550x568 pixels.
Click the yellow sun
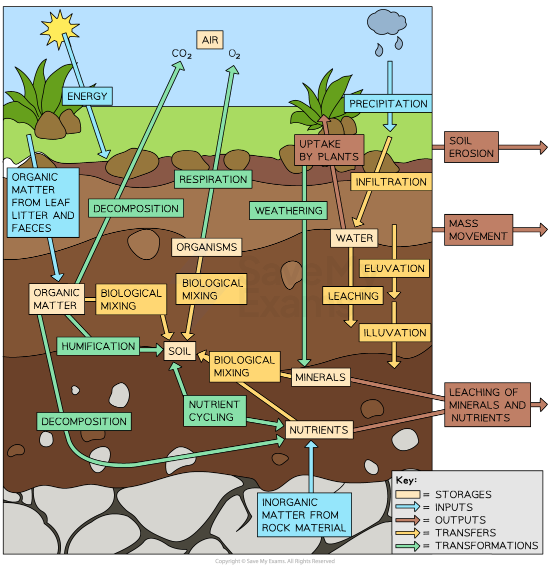click(59, 28)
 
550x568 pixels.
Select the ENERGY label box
click(87, 96)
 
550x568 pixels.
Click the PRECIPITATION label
click(388, 104)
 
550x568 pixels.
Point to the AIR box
click(210, 40)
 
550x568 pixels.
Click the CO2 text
click(181, 54)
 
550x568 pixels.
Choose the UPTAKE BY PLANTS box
click(328, 150)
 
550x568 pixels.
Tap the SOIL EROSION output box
click(471, 147)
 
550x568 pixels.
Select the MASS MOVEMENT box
click(478, 230)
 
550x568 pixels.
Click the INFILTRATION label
click(391, 182)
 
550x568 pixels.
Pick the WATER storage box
click(354, 238)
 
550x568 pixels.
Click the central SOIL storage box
click(179, 351)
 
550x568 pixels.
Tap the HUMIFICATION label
click(98, 346)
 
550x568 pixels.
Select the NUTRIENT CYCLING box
click(214, 411)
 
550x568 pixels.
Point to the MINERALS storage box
click(320, 377)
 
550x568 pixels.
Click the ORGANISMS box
click(206, 247)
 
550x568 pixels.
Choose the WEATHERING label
click(288, 211)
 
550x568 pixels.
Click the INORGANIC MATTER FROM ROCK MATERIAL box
click(303, 515)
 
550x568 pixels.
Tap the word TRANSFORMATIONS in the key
click(486, 545)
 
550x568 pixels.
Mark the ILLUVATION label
click(394, 333)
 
